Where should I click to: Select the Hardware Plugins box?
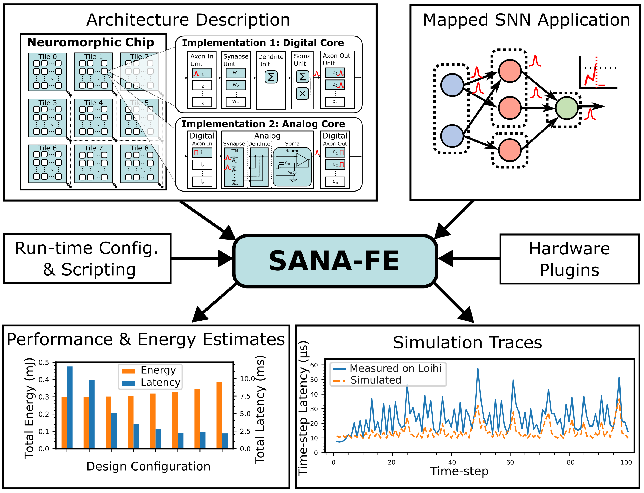pos(569,259)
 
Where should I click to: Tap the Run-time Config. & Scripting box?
pos(87,259)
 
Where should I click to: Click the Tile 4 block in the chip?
pos(93,118)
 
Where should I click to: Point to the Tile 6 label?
pos(48,148)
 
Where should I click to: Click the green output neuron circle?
pos(567,108)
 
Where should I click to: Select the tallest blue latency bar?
pos(70,407)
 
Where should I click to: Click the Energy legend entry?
pos(150,370)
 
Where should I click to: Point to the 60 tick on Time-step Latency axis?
pos(314,365)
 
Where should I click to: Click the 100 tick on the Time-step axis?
pos(626,463)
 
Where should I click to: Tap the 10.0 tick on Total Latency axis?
pos(247,379)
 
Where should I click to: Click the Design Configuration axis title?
pos(148,467)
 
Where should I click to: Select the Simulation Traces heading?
pos(467,343)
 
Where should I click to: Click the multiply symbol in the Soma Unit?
pos(302,94)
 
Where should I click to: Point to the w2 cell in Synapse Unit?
pos(236,85)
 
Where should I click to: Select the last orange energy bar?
pos(219,415)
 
